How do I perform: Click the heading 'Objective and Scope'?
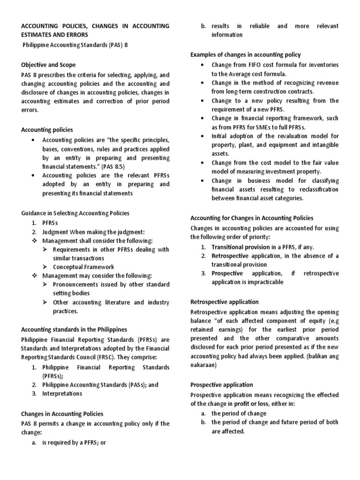(48, 65)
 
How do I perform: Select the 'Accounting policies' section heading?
(47, 129)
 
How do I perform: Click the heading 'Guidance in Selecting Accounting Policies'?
(75, 213)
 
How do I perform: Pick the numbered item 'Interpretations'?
(62, 393)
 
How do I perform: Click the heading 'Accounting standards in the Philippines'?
(74, 329)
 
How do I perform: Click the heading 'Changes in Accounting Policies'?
(62, 414)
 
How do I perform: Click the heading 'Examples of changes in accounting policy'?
(245, 55)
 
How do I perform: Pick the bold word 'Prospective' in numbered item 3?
(227, 273)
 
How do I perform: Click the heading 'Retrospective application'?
(224, 302)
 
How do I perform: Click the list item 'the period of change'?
(239, 413)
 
